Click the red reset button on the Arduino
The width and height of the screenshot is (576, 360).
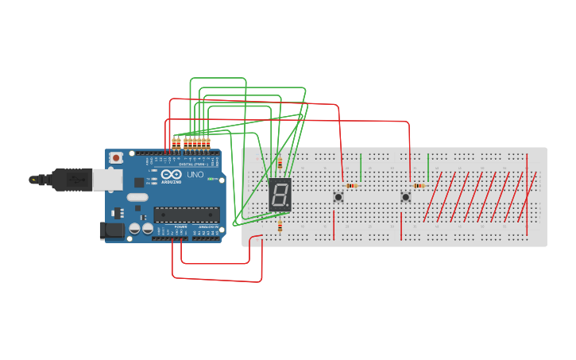pos(117,157)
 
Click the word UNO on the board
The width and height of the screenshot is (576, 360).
pos(195,175)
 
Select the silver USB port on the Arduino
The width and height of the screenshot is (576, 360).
pos(106,180)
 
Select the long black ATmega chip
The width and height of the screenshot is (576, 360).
pos(186,214)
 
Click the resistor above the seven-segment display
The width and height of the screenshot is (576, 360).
pos(280,164)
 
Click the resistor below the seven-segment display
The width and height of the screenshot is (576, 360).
pos(280,226)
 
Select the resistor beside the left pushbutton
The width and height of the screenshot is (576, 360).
pos(352,185)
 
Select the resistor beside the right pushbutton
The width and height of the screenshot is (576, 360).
pos(419,185)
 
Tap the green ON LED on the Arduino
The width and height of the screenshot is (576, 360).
pos(212,180)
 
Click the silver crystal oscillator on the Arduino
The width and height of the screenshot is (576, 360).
pos(137,197)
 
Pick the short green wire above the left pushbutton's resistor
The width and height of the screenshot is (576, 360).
pos(361,168)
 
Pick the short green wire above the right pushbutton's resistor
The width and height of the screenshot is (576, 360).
pos(428,168)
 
